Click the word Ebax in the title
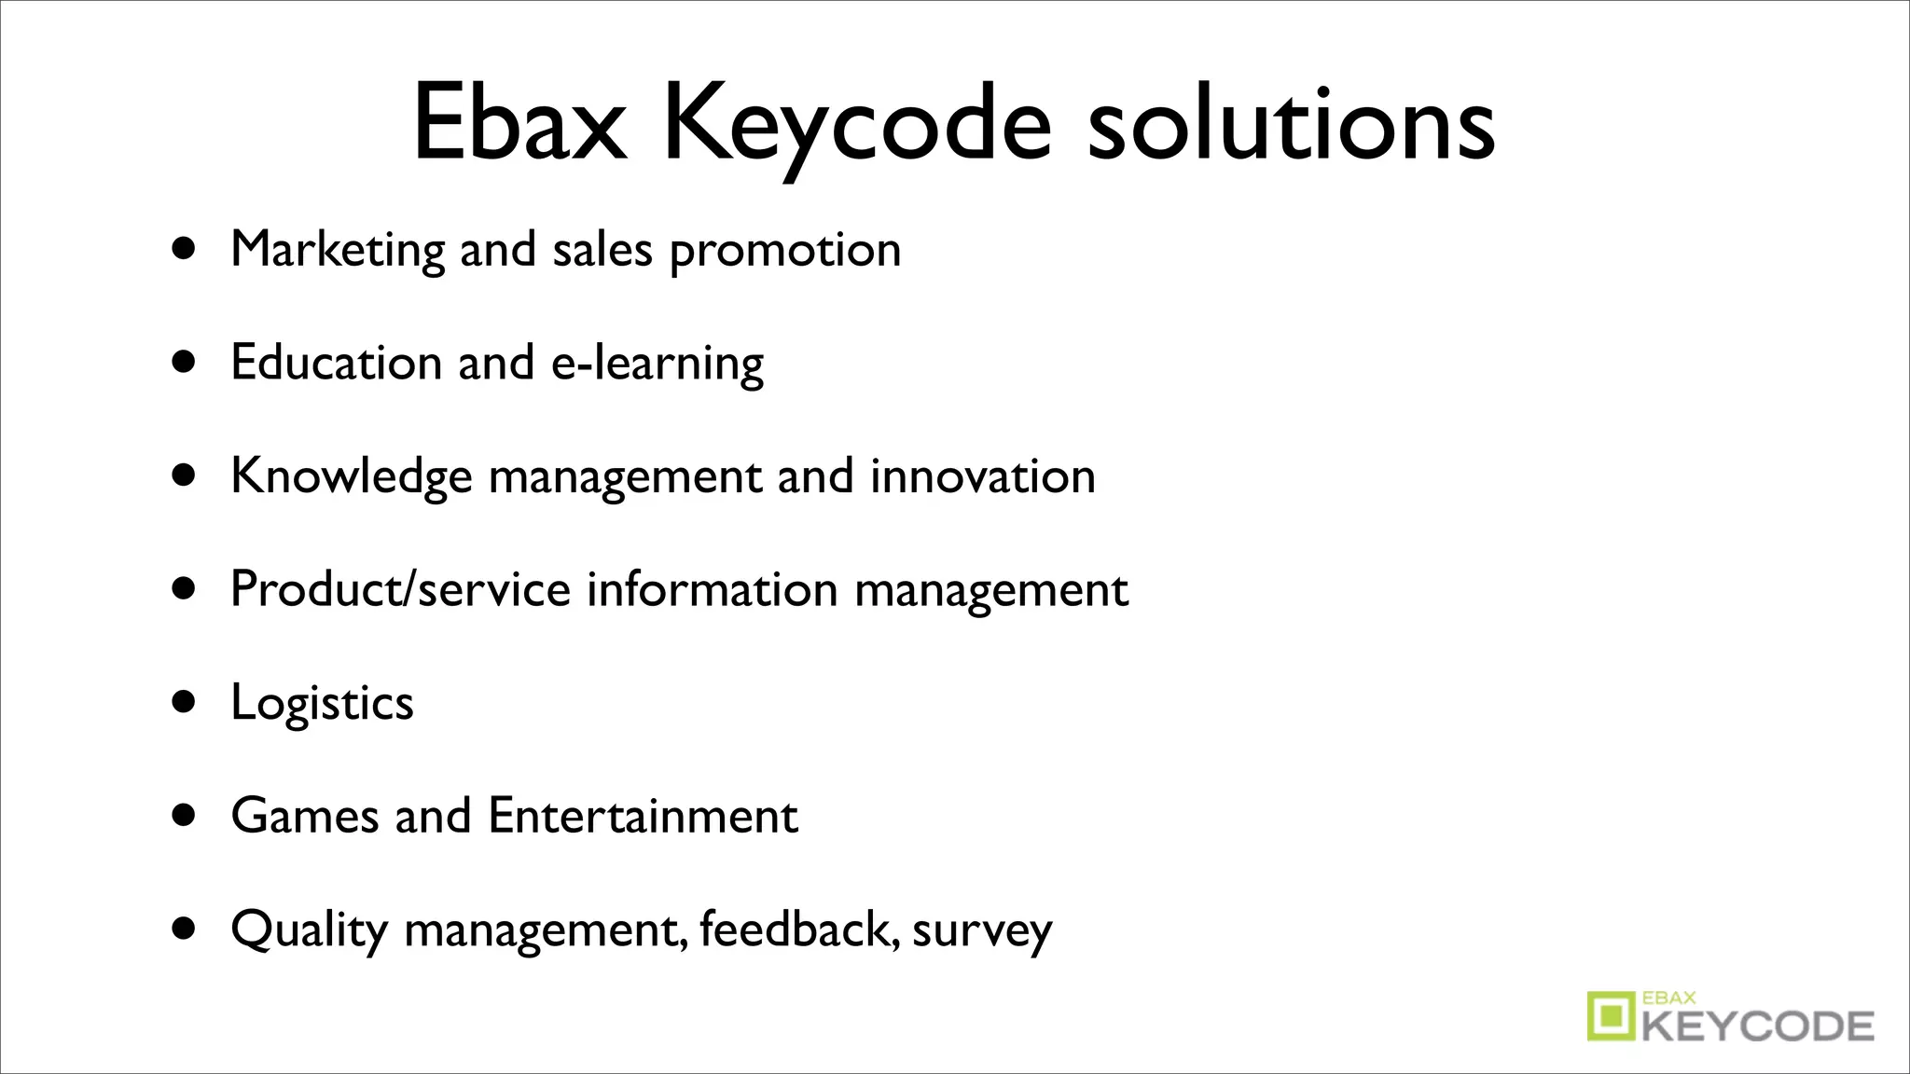click(x=519, y=123)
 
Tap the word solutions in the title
click(x=1291, y=123)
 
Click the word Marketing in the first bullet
click(x=338, y=250)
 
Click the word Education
click(x=336, y=362)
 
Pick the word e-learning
click(x=657, y=364)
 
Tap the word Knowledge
click(x=352, y=476)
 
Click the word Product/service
click(x=400, y=589)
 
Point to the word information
click(x=712, y=589)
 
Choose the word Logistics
click(x=322, y=703)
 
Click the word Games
click(x=305, y=816)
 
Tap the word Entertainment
click(x=643, y=816)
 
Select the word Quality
click(x=309, y=930)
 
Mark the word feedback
click(x=799, y=929)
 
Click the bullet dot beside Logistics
click(x=185, y=701)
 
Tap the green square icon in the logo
click(x=1612, y=1015)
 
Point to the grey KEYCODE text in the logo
click(x=1758, y=1026)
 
